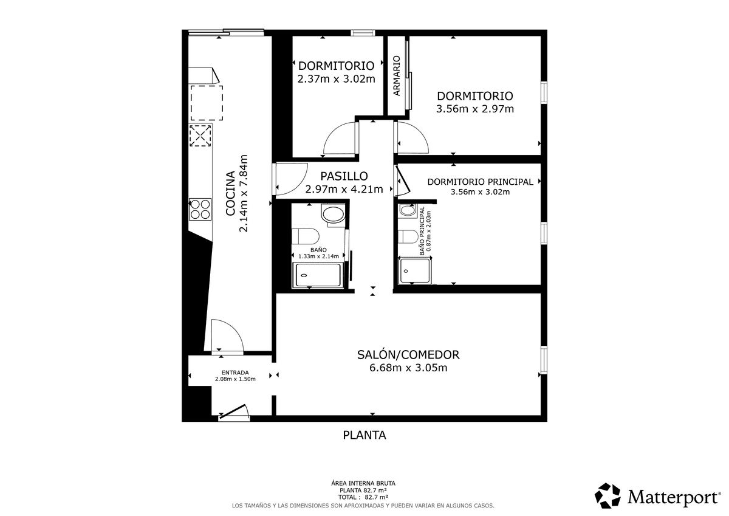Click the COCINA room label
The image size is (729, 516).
230,193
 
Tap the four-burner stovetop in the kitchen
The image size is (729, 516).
200,209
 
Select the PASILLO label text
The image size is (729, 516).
344,176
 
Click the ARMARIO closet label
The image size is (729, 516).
396,76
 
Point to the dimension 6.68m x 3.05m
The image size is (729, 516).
408,368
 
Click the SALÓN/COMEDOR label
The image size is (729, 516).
408,354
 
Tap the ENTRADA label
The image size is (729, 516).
235,373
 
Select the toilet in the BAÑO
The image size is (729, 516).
305,236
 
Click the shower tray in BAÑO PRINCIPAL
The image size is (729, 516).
414,271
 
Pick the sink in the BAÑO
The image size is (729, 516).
333,215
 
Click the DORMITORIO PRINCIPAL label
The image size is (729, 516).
480,182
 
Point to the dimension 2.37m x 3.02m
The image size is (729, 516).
336,79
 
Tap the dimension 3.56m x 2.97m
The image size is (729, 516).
475,109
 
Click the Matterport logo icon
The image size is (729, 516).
607,496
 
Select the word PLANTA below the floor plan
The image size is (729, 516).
364,435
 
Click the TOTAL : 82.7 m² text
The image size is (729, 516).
363,497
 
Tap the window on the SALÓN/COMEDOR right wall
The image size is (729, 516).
544,360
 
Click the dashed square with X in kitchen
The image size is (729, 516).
200,136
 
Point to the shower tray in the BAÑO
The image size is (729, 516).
318,275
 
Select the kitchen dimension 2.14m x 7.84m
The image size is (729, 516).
244,193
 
